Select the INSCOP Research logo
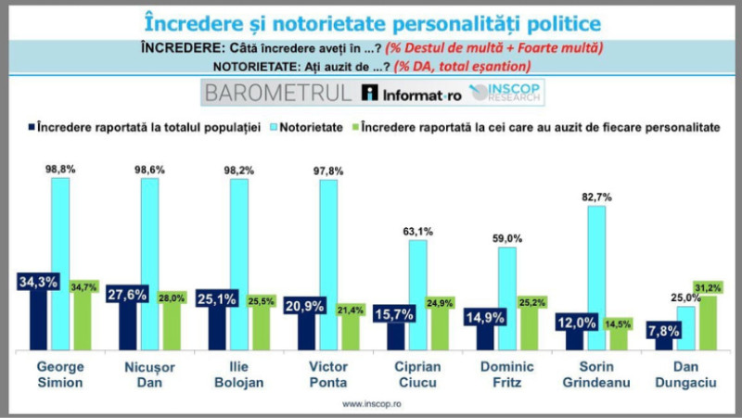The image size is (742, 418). (x=505, y=93)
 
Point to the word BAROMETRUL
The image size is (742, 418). (x=278, y=93)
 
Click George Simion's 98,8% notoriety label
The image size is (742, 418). (x=60, y=167)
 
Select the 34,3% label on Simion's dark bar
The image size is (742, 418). (x=33, y=279)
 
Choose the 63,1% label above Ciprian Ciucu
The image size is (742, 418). (x=417, y=231)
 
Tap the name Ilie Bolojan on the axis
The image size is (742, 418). (x=238, y=373)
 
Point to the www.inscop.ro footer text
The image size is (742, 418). (x=372, y=404)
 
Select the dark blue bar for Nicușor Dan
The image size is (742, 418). (x=122, y=324)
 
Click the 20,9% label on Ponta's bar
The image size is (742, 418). (x=301, y=306)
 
